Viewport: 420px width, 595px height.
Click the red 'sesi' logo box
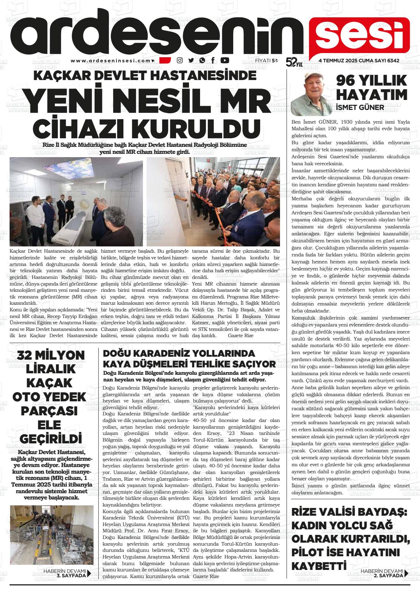359,35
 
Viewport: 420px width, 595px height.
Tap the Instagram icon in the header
180,60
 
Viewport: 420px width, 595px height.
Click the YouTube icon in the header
224,60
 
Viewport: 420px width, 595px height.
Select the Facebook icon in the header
213,60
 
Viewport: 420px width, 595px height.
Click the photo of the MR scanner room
76,202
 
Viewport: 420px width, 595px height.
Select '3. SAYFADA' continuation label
71,575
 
